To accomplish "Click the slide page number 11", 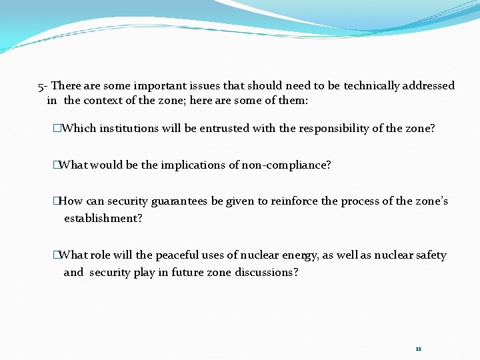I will click(x=418, y=349).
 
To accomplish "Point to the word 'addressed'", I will click(x=429, y=85).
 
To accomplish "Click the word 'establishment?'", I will click(x=103, y=218).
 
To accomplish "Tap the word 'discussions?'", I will click(x=267, y=272).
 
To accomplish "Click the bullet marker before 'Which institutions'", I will click(x=57, y=128).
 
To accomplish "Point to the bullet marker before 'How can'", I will click(x=57, y=201).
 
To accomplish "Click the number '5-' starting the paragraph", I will click(x=43, y=85).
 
